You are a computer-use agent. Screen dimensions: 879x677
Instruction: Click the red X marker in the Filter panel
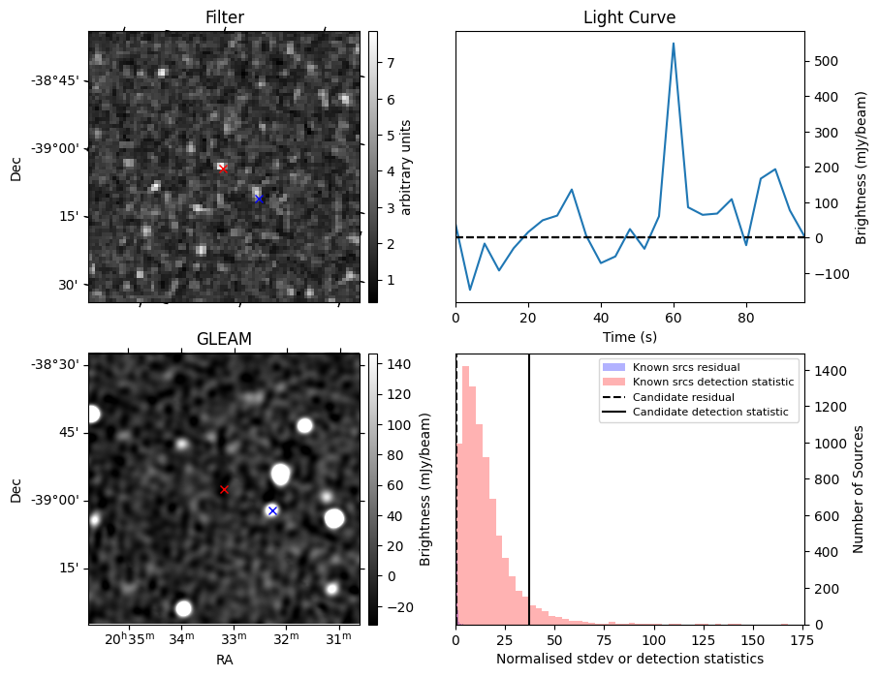(223, 169)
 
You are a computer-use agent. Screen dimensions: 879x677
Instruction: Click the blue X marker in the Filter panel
(259, 199)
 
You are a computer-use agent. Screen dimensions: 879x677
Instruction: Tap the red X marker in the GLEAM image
(224, 490)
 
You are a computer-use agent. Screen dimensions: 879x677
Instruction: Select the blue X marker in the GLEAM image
(272, 510)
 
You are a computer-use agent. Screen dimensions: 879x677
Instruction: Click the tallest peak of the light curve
(674, 44)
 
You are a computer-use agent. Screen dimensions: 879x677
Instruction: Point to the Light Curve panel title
(630, 17)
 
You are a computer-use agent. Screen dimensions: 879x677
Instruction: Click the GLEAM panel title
(224, 339)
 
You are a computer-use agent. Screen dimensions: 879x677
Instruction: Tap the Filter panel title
(225, 17)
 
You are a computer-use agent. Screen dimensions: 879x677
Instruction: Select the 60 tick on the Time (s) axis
(674, 318)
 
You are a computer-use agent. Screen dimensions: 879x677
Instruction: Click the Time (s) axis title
(630, 337)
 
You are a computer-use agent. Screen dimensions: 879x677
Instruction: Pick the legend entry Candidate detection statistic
(710, 412)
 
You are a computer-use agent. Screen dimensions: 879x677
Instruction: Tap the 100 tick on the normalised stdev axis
(653, 640)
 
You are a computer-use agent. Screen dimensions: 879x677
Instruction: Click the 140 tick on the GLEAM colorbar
(399, 364)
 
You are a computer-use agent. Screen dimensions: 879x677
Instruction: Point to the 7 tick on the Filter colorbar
(391, 63)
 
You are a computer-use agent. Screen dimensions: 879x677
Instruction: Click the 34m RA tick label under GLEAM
(181, 638)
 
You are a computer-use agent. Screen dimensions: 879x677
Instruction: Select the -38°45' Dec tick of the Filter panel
(59, 80)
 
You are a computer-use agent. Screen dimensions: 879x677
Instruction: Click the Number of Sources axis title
(859, 489)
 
